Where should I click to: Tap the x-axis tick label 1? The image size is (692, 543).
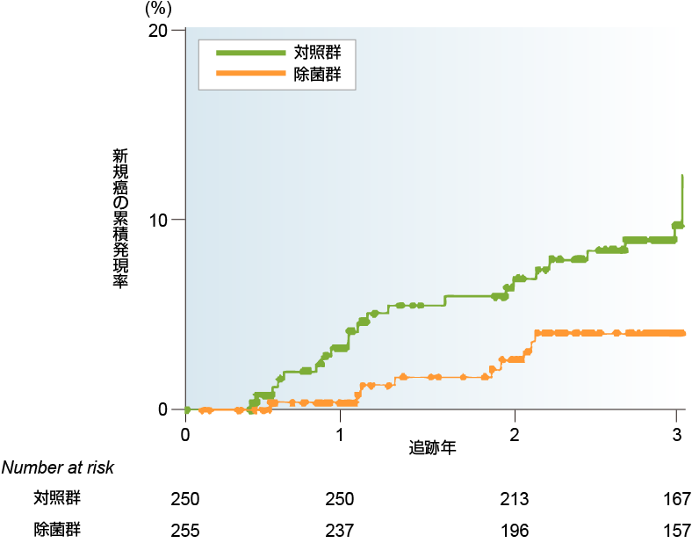click(x=340, y=434)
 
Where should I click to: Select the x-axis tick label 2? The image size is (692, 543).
click(x=515, y=434)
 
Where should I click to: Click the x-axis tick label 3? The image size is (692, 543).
click(x=677, y=434)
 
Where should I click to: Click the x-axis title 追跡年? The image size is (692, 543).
click(x=433, y=447)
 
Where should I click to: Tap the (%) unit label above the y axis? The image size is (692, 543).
click(x=157, y=9)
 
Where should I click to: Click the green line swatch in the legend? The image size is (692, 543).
click(x=251, y=53)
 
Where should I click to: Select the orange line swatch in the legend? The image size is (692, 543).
click(x=251, y=76)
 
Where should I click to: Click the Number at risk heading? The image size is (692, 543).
click(x=58, y=468)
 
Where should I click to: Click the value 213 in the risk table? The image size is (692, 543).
click(x=514, y=500)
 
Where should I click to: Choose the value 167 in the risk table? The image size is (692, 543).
click(x=676, y=500)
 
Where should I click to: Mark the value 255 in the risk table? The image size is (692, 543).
click(x=185, y=531)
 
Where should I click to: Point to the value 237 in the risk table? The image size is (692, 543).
click(x=339, y=531)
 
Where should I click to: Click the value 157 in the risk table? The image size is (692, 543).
click(x=676, y=531)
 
